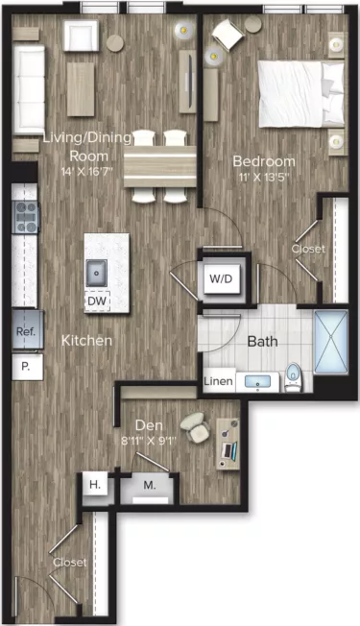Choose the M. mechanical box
(150, 487)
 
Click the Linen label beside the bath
(217, 382)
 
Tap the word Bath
(262, 341)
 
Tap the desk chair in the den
(196, 425)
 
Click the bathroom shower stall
(335, 341)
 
